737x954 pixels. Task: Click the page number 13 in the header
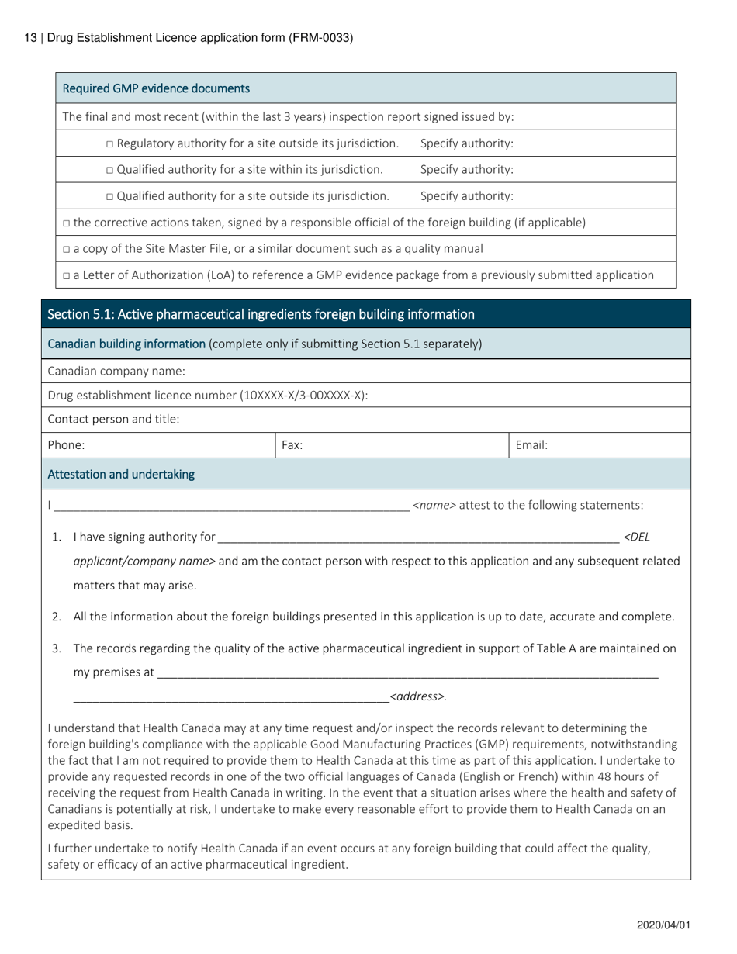point(30,37)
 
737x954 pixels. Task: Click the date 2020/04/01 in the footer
point(663,925)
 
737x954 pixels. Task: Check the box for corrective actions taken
point(67,223)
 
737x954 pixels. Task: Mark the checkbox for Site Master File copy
point(67,249)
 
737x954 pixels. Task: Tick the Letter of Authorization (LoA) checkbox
point(67,275)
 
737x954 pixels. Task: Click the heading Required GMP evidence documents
point(156,88)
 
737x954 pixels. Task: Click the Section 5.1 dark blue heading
point(261,314)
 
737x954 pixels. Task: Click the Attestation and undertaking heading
point(121,474)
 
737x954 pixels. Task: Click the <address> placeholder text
point(417,696)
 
